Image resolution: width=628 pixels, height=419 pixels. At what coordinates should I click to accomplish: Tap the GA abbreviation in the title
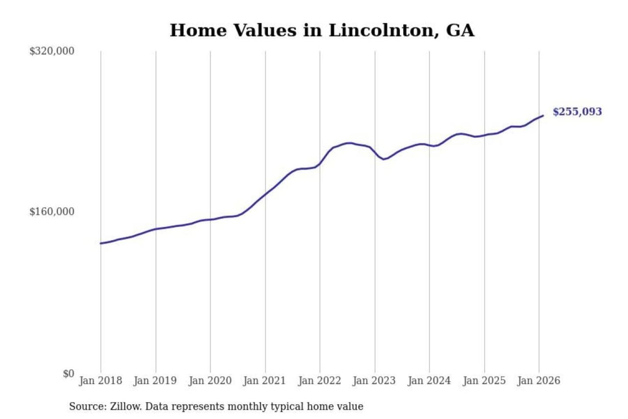(460, 31)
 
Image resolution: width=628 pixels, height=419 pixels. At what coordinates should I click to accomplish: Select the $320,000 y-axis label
(52, 51)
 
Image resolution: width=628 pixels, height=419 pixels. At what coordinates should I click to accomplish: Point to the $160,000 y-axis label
(52, 212)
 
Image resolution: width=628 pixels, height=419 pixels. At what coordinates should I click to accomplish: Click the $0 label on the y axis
(68, 374)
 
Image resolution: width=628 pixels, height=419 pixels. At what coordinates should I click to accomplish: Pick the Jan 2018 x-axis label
(100, 381)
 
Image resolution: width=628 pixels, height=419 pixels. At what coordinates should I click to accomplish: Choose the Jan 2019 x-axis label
(155, 381)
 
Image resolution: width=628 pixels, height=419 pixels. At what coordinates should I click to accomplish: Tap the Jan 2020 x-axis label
(210, 381)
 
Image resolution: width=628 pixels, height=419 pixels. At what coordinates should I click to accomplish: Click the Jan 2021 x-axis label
(264, 381)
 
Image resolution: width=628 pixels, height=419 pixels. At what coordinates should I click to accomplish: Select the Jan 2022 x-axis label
(319, 381)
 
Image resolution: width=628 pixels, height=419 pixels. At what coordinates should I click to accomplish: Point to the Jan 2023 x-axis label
(374, 381)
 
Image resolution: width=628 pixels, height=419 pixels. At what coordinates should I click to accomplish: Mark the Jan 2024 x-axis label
(429, 381)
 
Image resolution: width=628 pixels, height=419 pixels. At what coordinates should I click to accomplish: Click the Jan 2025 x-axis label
(484, 381)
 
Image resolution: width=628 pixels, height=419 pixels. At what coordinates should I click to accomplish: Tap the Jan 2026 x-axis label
(539, 381)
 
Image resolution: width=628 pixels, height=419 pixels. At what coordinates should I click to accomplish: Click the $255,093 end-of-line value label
(577, 112)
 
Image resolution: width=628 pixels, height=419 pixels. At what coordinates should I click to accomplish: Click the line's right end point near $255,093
(543, 116)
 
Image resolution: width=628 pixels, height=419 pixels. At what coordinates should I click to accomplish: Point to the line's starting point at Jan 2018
(101, 243)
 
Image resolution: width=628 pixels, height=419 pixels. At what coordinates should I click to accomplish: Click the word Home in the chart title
(198, 31)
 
